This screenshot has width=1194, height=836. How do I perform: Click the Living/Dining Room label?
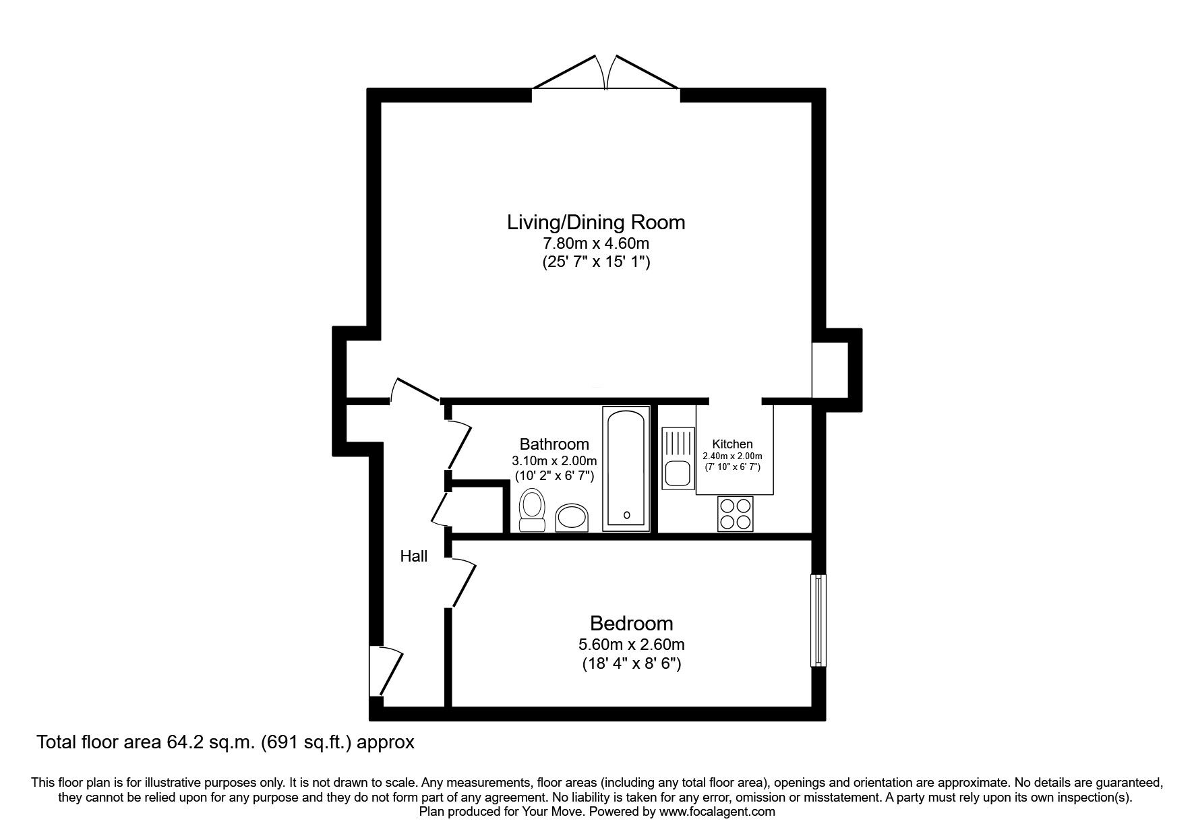tap(596, 222)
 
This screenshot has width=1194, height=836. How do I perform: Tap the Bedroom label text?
tap(632, 623)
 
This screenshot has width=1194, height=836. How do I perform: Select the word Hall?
tap(414, 556)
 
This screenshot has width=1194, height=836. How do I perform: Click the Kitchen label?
tap(733, 444)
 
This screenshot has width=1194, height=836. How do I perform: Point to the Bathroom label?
tap(554, 444)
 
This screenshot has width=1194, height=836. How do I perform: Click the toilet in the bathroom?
tap(533, 510)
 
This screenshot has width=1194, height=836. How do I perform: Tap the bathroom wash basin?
tap(572, 518)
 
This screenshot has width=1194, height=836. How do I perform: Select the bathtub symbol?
tap(627, 469)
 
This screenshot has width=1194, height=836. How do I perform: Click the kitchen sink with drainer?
tap(678, 458)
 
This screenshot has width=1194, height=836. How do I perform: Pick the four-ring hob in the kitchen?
tap(735, 514)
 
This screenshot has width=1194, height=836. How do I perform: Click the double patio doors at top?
tap(605, 72)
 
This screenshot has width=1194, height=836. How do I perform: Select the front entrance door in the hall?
tap(386, 671)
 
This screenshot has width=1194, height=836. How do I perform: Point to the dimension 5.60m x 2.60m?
tap(632, 645)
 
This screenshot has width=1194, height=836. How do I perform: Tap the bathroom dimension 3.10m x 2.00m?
tap(554, 461)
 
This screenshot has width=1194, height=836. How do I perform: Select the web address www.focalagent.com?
tap(717, 812)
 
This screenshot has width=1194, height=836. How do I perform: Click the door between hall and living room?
tap(415, 389)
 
